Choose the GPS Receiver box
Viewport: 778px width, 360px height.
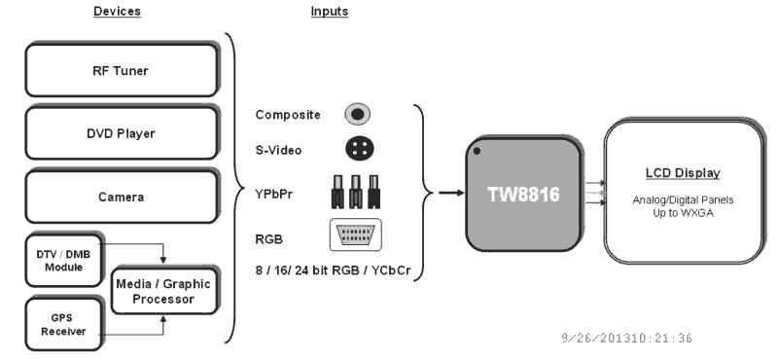[x=61, y=323]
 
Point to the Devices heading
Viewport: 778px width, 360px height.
[x=117, y=12]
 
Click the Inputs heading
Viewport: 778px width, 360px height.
[x=330, y=12]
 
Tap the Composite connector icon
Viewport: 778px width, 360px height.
[x=358, y=114]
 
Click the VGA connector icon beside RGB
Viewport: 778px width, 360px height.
[x=355, y=234]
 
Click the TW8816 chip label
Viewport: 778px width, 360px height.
[x=523, y=194]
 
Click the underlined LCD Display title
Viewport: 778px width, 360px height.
[x=684, y=173]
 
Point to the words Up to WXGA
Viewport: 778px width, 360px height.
[x=684, y=211]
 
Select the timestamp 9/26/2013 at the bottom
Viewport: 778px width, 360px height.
[x=626, y=339]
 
